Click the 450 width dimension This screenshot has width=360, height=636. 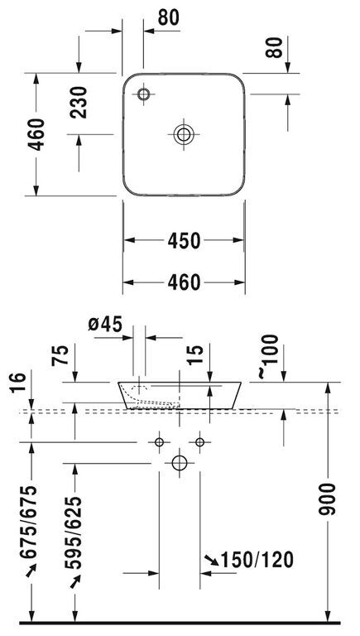pos(184,240)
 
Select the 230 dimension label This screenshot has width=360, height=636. pos(78,102)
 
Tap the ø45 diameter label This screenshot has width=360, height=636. pos(105,324)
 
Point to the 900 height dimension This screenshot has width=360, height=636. pos(327,499)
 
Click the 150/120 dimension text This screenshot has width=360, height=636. pos(257,560)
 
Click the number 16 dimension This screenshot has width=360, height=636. pos(18,383)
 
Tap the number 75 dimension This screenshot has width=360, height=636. pos(60,355)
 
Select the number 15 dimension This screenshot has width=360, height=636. pos(195,355)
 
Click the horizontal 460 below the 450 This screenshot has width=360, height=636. pos(184,282)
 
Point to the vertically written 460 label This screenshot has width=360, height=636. pos(36,134)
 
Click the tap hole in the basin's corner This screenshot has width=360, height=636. pos(143,94)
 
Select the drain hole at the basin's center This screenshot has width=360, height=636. pos(184,134)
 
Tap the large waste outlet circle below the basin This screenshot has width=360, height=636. pos(180,463)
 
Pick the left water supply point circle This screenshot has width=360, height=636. pos(159,441)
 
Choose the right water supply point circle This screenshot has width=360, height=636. pos(200,441)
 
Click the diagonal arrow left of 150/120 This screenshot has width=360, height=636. pos(211,560)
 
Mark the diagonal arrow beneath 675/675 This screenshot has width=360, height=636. pos(31,570)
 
